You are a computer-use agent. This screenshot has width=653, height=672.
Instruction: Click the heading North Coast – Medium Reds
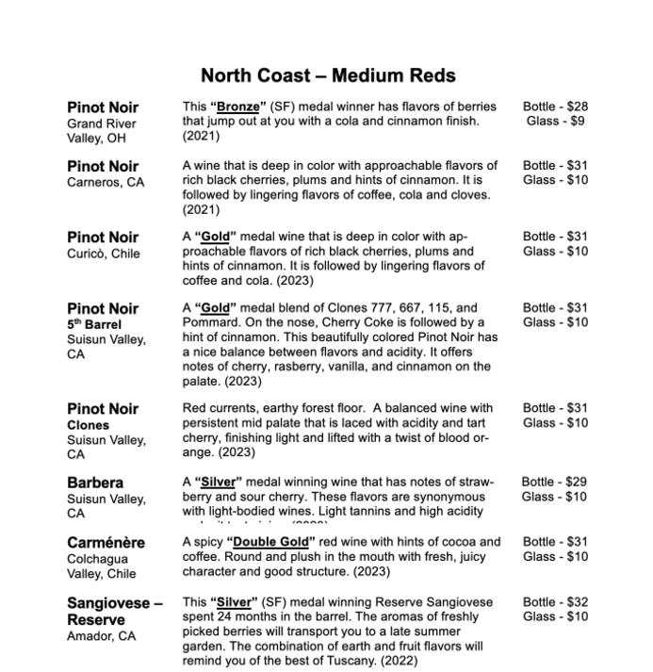(328, 75)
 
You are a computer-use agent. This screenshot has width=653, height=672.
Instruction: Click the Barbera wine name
(95, 483)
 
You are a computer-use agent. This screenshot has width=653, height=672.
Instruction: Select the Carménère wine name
(106, 543)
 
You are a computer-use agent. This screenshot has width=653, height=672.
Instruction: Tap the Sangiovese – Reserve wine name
(114, 611)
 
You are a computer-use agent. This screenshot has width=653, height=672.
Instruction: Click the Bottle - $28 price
(555, 107)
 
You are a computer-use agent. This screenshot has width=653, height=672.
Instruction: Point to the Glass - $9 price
(555, 121)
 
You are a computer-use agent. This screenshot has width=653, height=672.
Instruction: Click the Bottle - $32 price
(555, 601)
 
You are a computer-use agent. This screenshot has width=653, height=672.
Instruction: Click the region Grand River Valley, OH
(101, 131)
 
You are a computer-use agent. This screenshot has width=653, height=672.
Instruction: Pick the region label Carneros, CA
(106, 183)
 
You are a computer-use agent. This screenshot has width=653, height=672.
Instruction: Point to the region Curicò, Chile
(103, 254)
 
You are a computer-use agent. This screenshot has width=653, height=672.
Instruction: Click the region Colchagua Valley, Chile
(101, 566)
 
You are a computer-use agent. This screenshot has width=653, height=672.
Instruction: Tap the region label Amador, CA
(101, 636)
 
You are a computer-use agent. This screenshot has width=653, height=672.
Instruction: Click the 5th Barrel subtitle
(94, 324)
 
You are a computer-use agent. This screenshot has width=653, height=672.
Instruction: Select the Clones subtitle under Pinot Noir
(88, 425)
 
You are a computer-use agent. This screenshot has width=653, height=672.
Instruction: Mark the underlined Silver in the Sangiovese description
(233, 601)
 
